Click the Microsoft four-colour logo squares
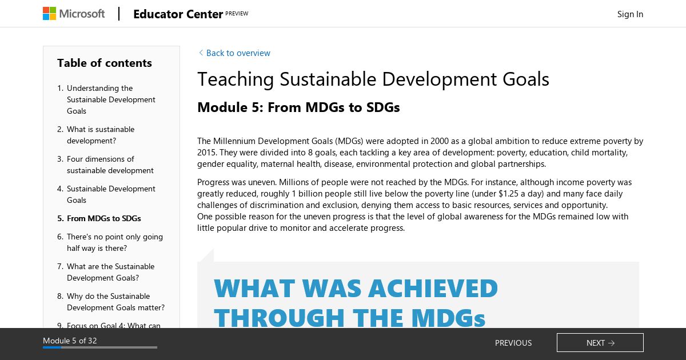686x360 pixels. pyautogui.click(x=49, y=14)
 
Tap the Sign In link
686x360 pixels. pyautogui.click(x=630, y=14)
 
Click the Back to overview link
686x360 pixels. pyautogui.click(x=234, y=53)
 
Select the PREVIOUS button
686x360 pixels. pyautogui.click(x=513, y=343)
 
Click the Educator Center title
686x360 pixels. pyautogui.click(x=178, y=14)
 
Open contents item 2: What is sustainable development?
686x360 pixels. pyautogui.click(x=101, y=135)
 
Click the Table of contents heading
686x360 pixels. pyautogui.click(x=105, y=63)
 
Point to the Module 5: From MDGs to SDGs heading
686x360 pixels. pyautogui.click(x=298, y=107)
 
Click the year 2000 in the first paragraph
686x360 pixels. pyautogui.click(x=439, y=141)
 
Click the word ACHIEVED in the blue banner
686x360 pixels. pyautogui.click(x=433, y=289)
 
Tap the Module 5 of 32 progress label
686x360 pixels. pyautogui.click(x=70, y=341)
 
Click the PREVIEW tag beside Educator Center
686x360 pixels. pyautogui.click(x=237, y=14)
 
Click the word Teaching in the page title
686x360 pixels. pyautogui.click(x=236, y=79)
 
